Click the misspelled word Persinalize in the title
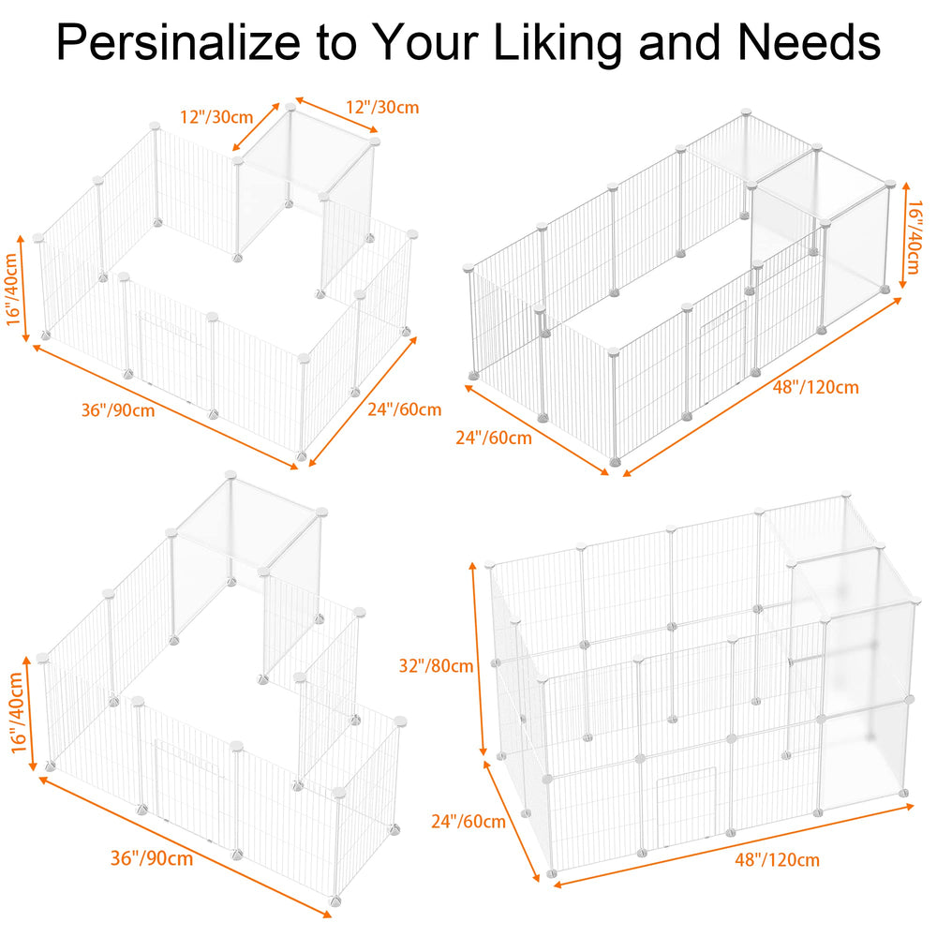[x=178, y=42]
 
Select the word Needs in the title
[x=810, y=42]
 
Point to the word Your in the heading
[x=428, y=42]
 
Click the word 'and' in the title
[x=679, y=42]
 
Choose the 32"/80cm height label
[x=437, y=665]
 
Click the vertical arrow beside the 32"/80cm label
[x=479, y=659]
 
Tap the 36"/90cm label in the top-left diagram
[x=118, y=410]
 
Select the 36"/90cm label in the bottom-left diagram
[x=152, y=858]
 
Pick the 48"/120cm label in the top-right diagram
[x=816, y=387]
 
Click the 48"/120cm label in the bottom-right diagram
[x=777, y=860]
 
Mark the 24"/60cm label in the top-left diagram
[x=405, y=409]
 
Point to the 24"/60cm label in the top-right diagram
[x=494, y=438]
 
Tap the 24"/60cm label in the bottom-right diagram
[x=468, y=822]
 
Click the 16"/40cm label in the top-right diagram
[x=914, y=237]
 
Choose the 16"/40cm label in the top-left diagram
[x=13, y=290]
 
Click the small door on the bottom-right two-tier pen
[x=686, y=808]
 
